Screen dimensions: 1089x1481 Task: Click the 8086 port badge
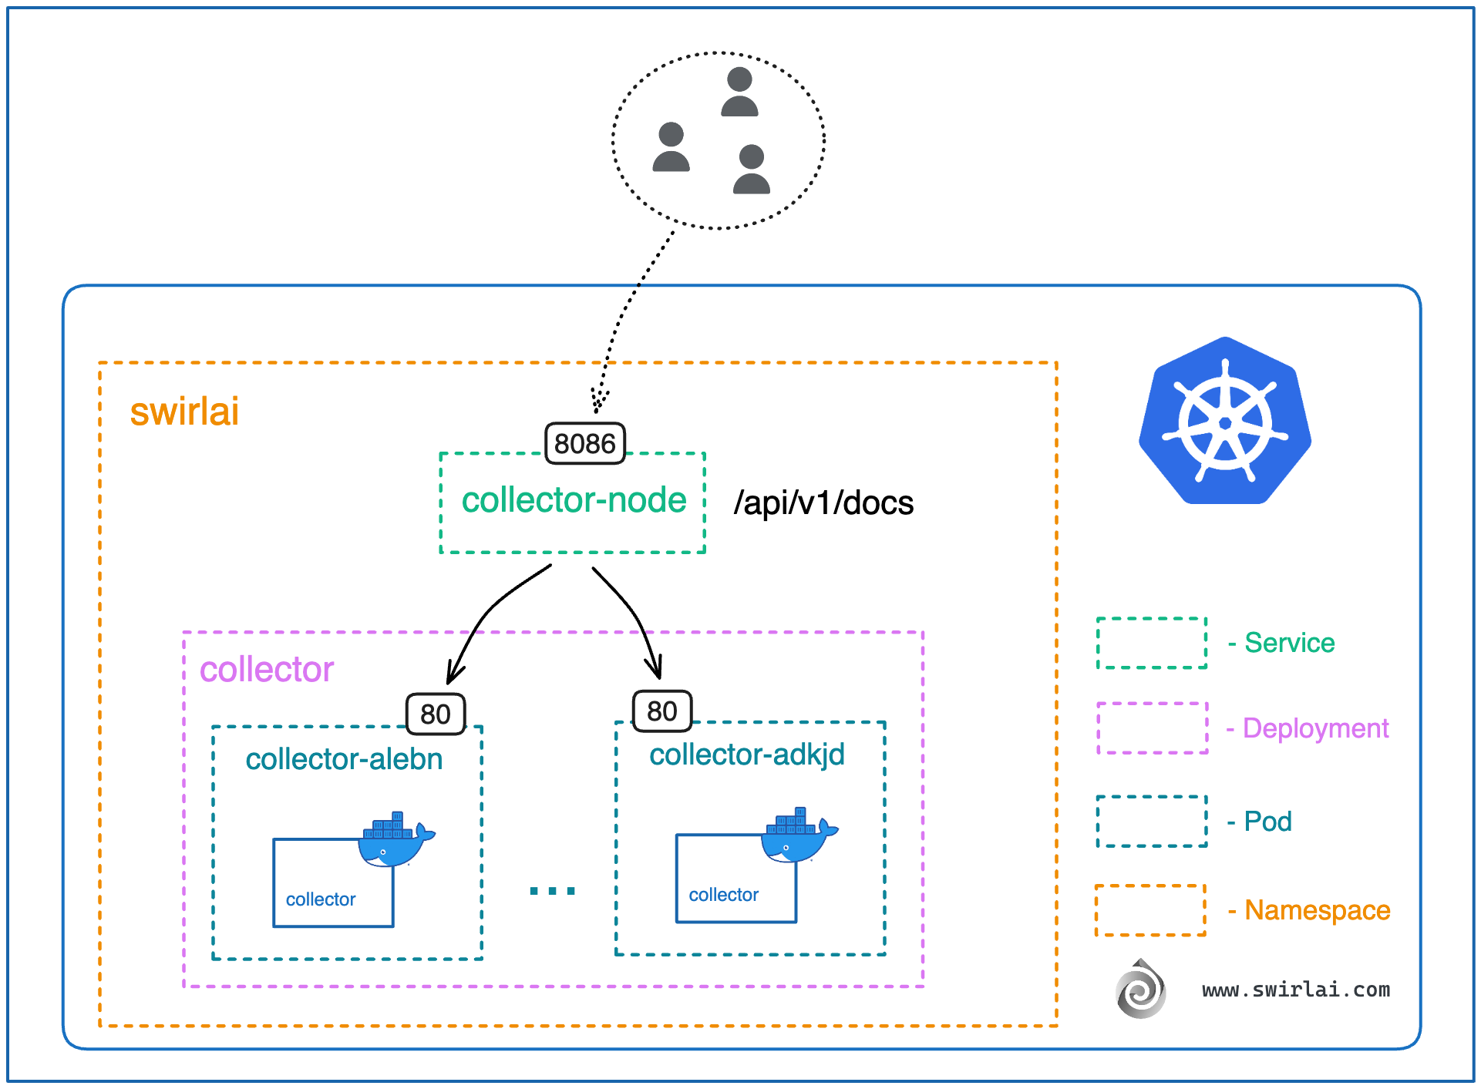(584, 443)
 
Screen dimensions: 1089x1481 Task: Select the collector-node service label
(574, 500)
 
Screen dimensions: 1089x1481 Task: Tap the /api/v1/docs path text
(823, 503)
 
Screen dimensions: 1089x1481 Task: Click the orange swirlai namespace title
(184, 411)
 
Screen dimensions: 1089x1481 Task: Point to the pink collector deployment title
(266, 669)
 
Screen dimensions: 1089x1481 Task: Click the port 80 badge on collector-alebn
(436, 714)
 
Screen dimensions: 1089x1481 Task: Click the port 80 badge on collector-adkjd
(661, 711)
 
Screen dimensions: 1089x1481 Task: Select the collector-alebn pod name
(344, 759)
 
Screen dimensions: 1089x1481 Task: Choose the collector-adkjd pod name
(746, 755)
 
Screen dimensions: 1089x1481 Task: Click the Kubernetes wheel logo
(1224, 422)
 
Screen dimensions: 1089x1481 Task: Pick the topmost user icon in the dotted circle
(739, 92)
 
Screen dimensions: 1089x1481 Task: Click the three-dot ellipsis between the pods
(552, 891)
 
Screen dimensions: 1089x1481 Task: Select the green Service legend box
(1151, 643)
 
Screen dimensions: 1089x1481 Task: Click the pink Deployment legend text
(1315, 728)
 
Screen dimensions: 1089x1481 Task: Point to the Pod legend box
(1151, 822)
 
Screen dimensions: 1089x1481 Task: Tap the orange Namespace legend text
(1317, 910)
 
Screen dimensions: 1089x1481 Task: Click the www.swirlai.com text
(1295, 990)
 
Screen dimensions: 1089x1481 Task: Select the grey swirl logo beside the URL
(1140, 989)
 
